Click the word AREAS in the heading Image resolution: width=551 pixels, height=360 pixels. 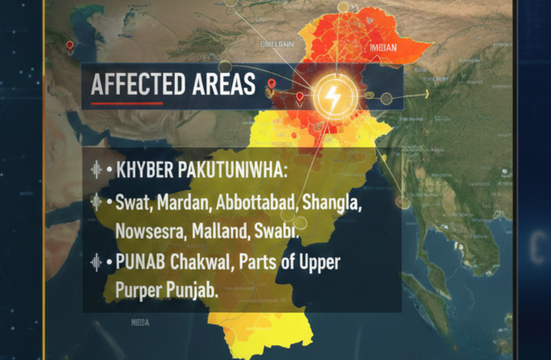pyautogui.click(x=224, y=84)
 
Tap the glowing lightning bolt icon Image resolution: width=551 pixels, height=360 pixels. pyautogui.click(x=333, y=97)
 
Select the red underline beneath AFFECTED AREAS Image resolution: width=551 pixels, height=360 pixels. pyautogui.click(x=127, y=103)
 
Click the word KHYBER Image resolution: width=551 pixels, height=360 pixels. pyautogui.click(x=145, y=170)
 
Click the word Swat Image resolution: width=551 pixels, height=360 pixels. pyautogui.click(x=133, y=202)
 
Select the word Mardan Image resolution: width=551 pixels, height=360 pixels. pyautogui.click(x=183, y=202)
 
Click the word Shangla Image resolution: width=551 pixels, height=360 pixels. pyautogui.click(x=332, y=203)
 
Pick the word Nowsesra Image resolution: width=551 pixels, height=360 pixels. pyautogui.click(x=149, y=231)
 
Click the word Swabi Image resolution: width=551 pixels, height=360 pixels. pyautogui.click(x=275, y=231)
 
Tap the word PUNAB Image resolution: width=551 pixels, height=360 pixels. pyautogui.click(x=141, y=262)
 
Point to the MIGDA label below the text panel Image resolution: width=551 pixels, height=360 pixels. pyautogui.click(x=140, y=323)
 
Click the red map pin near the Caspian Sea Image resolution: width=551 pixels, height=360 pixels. pyautogui.click(x=70, y=46)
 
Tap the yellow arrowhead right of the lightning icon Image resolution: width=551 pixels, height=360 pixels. pyautogui.click(x=427, y=94)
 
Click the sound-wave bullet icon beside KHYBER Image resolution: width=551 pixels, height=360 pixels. pyautogui.click(x=96, y=170)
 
